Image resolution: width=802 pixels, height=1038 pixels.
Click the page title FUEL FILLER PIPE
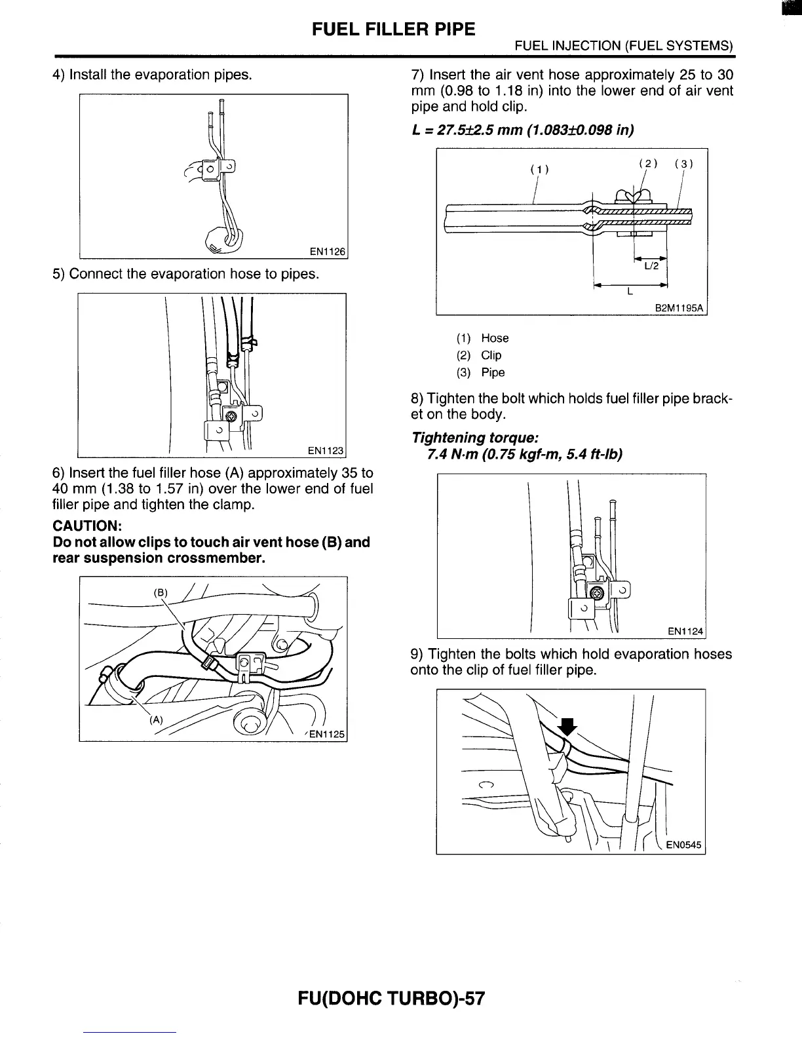click(x=393, y=29)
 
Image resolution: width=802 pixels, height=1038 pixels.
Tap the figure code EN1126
click(x=327, y=252)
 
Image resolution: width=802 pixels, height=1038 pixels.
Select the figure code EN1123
click(x=326, y=450)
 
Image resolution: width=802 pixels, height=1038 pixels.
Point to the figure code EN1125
click(x=326, y=734)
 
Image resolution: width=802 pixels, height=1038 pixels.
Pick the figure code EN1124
click(x=685, y=632)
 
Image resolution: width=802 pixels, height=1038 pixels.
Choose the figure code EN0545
click(x=683, y=845)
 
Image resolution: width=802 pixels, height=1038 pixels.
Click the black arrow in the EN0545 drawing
click(x=566, y=726)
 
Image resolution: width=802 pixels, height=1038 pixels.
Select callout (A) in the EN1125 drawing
click(x=156, y=720)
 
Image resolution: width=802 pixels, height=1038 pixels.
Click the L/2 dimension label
click(x=651, y=266)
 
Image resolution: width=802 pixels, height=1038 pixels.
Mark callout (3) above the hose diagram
click(x=683, y=164)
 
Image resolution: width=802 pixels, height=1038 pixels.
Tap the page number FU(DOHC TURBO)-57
click(x=391, y=999)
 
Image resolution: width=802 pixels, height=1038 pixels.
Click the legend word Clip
click(x=491, y=355)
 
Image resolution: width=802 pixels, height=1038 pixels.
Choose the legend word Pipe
click(x=493, y=372)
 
